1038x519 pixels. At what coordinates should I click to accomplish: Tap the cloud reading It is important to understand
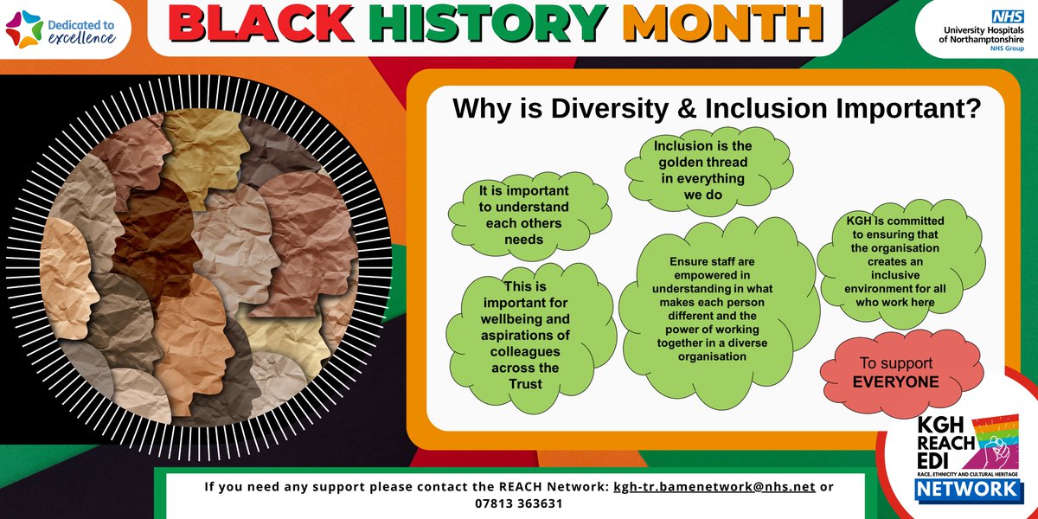524,215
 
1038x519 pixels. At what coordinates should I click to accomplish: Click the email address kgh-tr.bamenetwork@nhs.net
714,486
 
